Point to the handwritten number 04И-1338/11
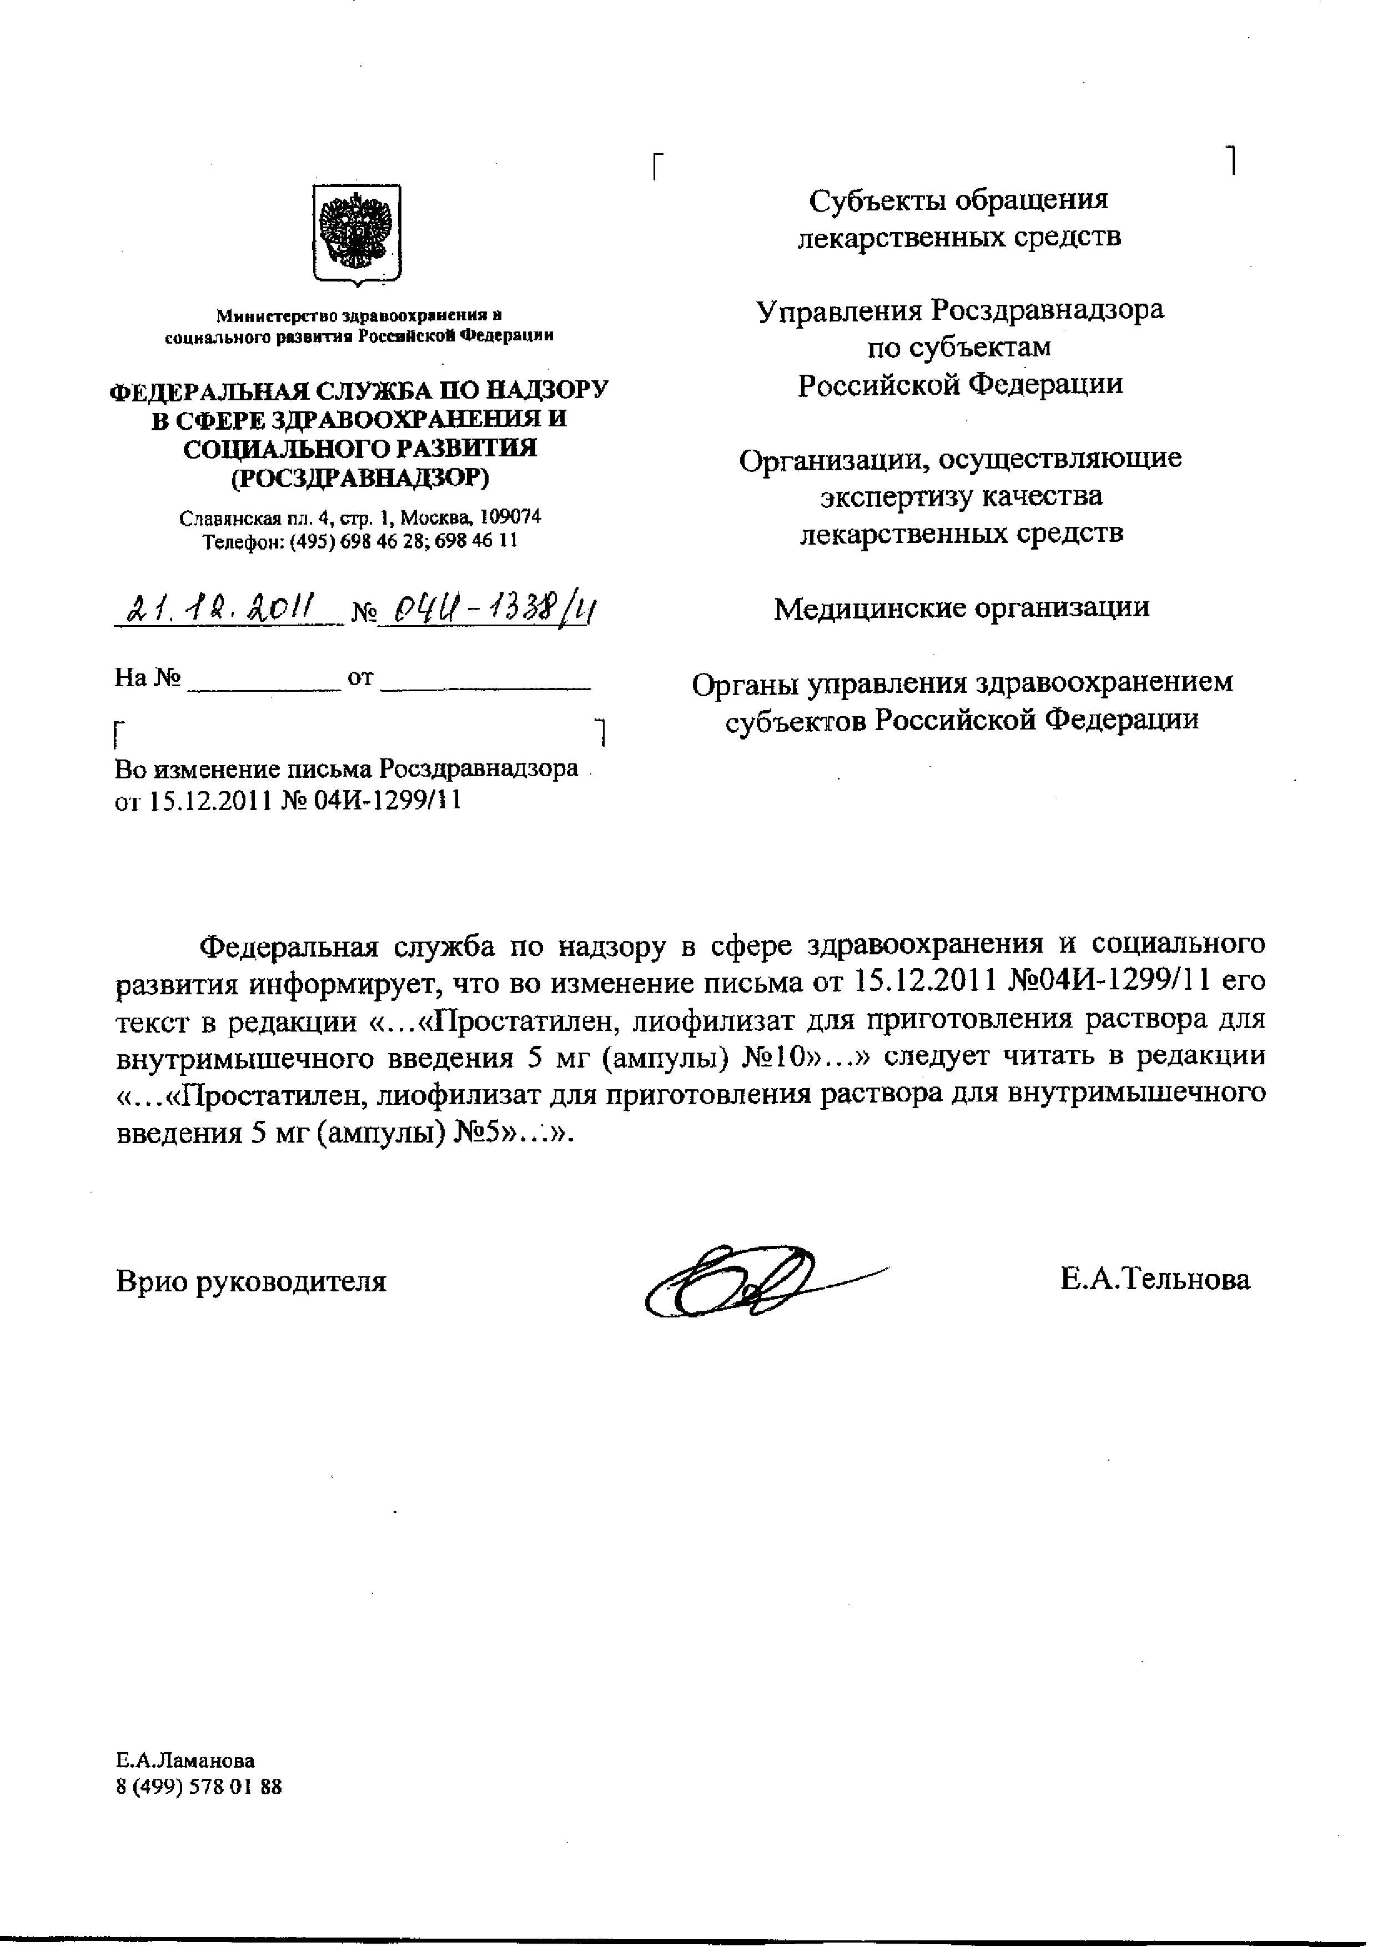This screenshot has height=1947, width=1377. click(484, 609)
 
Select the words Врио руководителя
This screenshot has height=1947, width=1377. click(251, 1280)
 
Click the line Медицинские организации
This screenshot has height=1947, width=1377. click(962, 608)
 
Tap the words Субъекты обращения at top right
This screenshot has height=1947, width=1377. click(958, 200)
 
